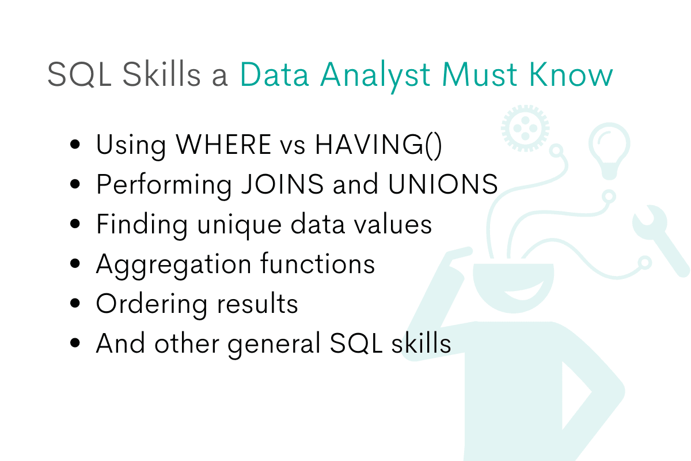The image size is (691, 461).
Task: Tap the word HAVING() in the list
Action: pos(378,145)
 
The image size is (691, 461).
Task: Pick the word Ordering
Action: pos(147,304)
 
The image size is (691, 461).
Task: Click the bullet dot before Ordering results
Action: pos(75,304)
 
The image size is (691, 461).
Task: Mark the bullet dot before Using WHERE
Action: pos(75,145)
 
